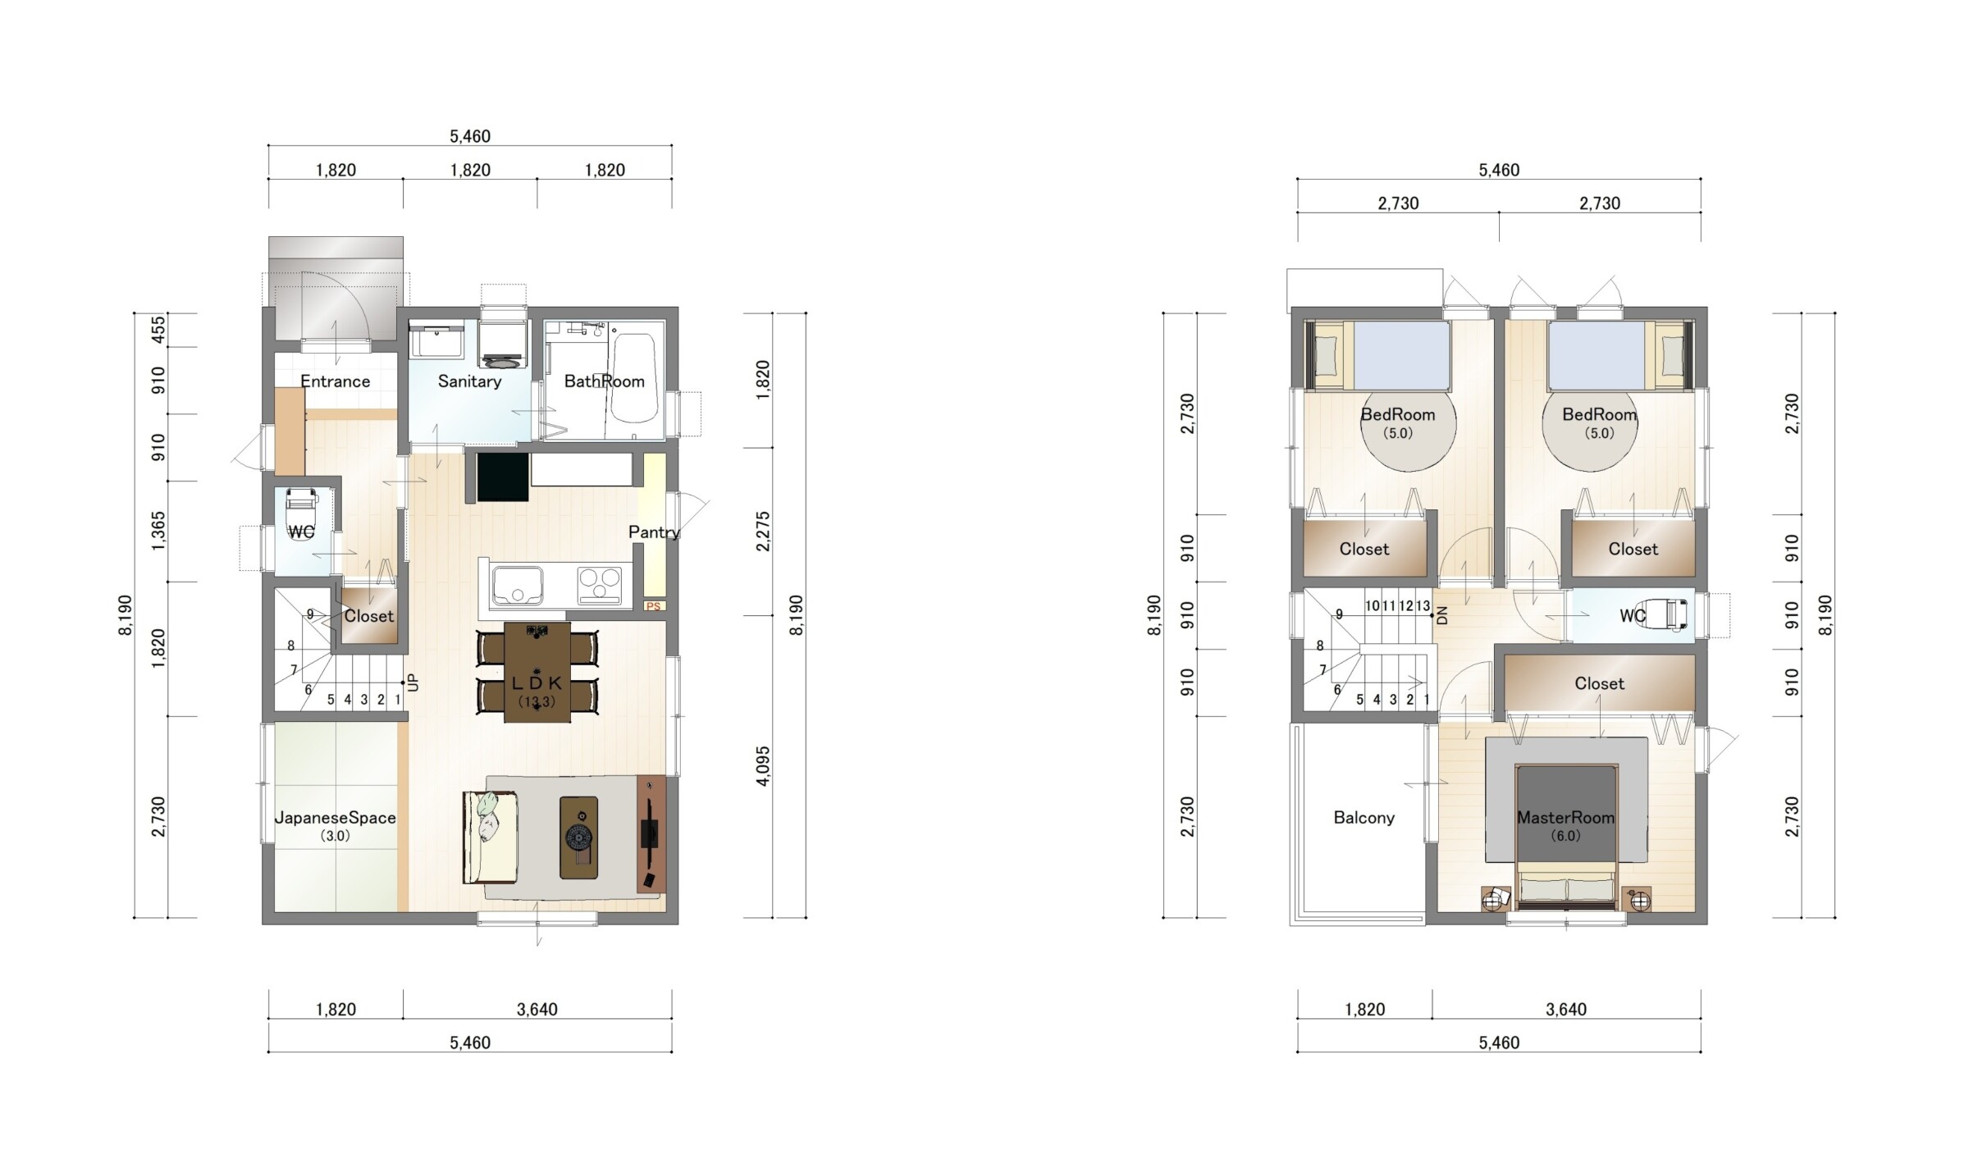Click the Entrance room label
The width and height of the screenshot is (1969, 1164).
[x=335, y=381]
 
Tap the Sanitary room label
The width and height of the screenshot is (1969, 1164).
[x=469, y=381]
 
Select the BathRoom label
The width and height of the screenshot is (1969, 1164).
[x=605, y=381]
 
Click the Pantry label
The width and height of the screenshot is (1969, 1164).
[x=654, y=532]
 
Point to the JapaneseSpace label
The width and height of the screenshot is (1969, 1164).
[x=335, y=818]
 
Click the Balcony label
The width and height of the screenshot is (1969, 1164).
[x=1364, y=818]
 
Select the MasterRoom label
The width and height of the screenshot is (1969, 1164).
[x=1565, y=818]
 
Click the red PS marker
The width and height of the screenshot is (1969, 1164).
[x=654, y=607]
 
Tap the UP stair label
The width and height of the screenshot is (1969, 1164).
[x=413, y=682]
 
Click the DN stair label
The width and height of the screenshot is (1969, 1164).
[x=1442, y=616]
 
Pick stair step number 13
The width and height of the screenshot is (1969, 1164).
[x=1423, y=606]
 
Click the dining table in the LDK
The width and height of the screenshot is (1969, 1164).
[x=537, y=673]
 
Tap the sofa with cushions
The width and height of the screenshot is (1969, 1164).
[x=490, y=837]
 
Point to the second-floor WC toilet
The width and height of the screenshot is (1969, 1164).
[x=1665, y=615]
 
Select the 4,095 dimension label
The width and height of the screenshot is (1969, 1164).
[x=763, y=766]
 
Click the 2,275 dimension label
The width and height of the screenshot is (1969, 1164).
[x=763, y=532]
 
